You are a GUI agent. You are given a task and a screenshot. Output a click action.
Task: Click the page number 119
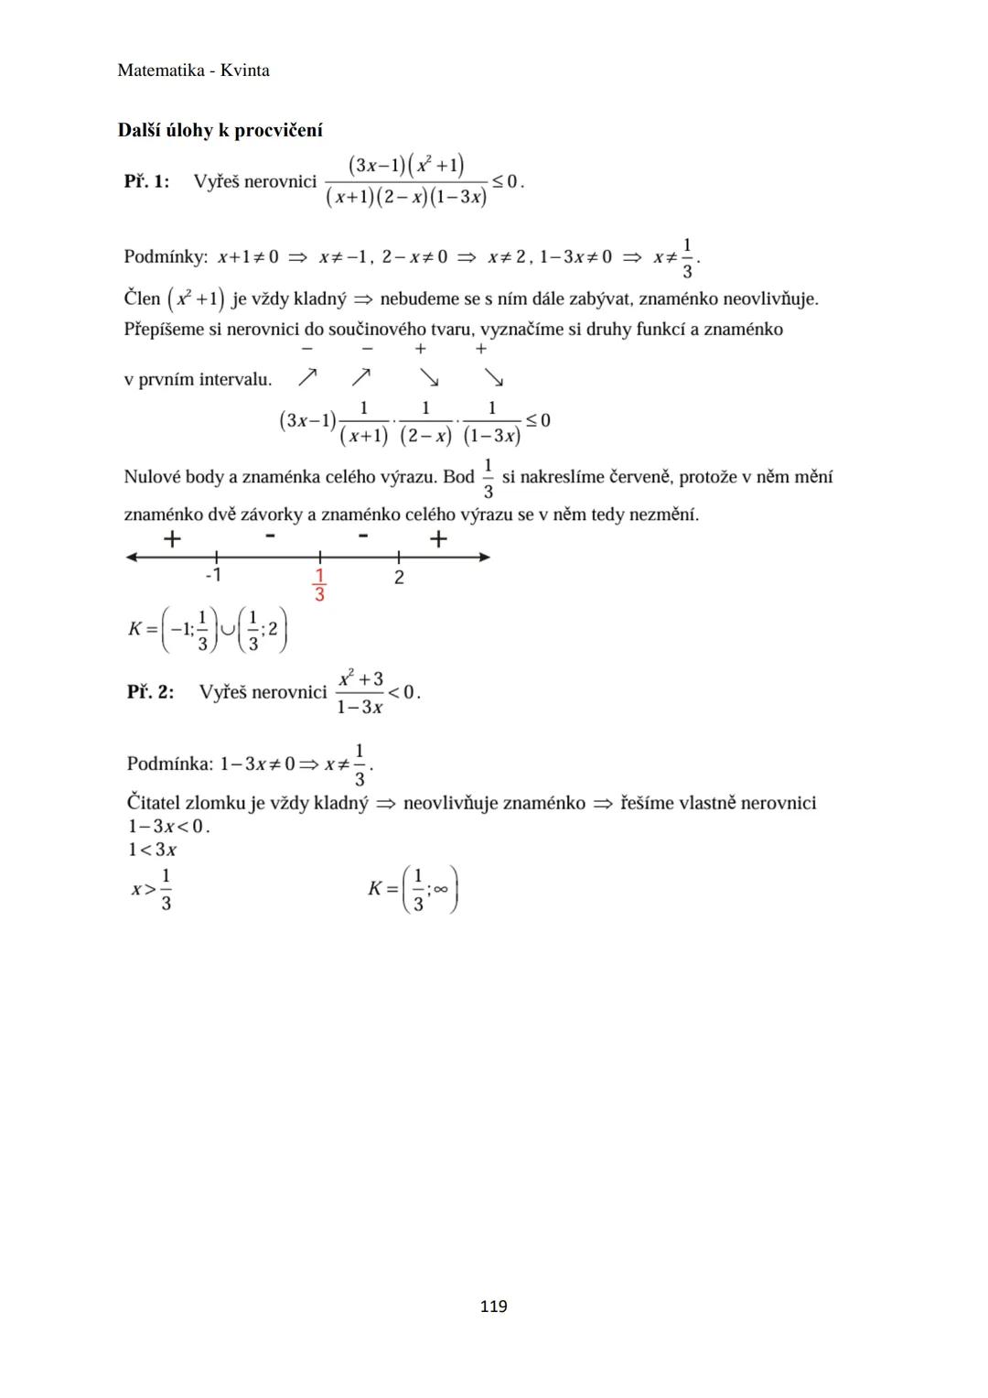(493, 1306)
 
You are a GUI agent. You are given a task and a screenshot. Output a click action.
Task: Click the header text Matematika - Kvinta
(193, 70)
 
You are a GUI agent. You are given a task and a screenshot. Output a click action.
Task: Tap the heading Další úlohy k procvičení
(220, 130)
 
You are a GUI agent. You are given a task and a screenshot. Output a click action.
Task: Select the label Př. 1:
(146, 181)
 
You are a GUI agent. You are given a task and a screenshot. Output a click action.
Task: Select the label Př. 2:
(150, 692)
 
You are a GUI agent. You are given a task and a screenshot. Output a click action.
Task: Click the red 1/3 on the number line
(319, 585)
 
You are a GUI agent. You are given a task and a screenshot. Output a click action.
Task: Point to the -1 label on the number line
(213, 576)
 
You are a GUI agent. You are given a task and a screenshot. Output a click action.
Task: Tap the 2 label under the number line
(399, 578)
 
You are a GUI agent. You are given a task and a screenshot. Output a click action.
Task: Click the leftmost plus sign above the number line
(172, 539)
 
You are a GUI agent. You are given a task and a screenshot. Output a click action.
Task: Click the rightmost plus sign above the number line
(438, 539)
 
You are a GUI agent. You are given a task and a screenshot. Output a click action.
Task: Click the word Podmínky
(166, 257)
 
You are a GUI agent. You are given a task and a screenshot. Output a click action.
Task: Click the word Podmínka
(169, 764)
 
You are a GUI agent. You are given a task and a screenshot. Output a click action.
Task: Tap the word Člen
(142, 298)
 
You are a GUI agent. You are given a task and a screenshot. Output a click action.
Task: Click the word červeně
(637, 477)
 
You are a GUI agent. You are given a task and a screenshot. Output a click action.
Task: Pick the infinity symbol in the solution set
(441, 889)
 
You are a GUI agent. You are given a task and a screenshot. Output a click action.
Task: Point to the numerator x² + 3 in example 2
(360, 679)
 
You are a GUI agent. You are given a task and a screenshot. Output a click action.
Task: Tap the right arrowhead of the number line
(484, 557)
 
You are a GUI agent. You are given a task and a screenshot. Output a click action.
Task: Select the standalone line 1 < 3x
(153, 850)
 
